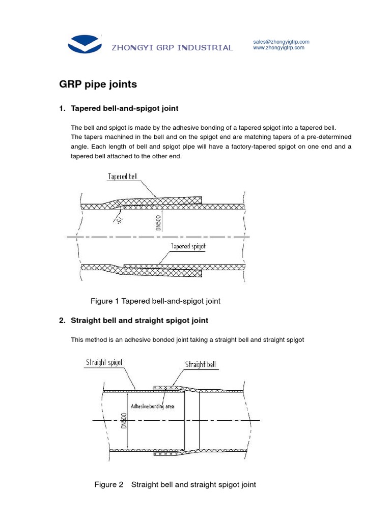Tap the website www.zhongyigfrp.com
(278, 48)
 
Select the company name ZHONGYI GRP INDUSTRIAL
(172, 48)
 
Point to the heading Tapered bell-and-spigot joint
(125, 108)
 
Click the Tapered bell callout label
(122, 177)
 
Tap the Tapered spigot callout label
(188, 246)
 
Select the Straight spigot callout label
(104, 363)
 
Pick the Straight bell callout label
(200, 364)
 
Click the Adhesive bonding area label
(153, 407)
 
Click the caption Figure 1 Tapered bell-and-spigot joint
(155, 301)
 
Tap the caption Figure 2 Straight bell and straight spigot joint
(175, 484)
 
